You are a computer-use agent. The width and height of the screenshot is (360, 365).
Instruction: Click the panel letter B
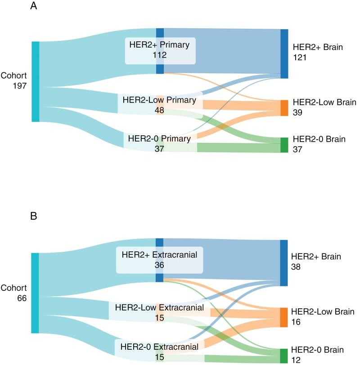pos(34,217)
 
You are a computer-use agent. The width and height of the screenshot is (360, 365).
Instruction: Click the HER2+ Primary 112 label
pos(160,50)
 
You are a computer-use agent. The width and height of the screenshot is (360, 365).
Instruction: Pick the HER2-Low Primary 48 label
pos(160,105)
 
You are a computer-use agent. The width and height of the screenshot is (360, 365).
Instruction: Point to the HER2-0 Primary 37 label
pos(159,143)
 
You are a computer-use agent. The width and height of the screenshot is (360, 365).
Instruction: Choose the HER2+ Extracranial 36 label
pos(160,260)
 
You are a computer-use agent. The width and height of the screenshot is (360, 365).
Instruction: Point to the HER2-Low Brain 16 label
pos(323,317)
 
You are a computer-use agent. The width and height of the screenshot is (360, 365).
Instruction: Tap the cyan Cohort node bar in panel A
pos(36,81)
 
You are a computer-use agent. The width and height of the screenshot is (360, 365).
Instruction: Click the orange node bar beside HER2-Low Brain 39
pos(284,108)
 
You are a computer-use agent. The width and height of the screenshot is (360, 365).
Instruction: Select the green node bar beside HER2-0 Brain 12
pos(284,356)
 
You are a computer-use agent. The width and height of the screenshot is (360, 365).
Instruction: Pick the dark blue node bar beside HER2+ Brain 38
pos(284,263)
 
